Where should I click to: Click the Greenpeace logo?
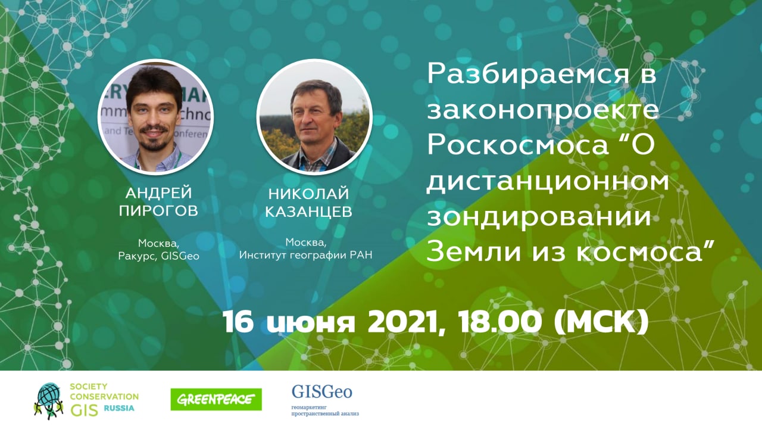[216, 399]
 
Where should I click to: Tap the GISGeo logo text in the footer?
[322, 392]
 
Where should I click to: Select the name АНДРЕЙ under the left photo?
[158, 193]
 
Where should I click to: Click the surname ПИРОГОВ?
[158, 211]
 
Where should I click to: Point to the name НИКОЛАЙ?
[308, 194]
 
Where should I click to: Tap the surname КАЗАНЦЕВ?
[308, 212]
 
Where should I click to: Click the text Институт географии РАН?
[305, 255]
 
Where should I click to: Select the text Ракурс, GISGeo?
[158, 256]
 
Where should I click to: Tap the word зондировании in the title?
[539, 217]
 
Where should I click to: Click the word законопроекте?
[542, 110]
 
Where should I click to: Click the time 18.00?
[499, 322]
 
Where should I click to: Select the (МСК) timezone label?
[601, 322]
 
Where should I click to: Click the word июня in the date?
[311, 323]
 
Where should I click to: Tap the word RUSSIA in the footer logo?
[119, 409]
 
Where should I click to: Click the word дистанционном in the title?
[548, 182]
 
